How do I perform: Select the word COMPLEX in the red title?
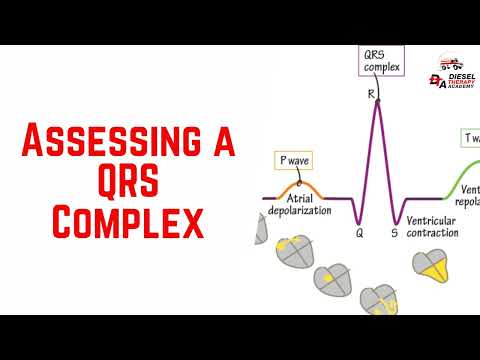point(127,222)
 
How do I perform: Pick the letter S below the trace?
point(394,233)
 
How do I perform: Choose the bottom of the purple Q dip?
point(360,221)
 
